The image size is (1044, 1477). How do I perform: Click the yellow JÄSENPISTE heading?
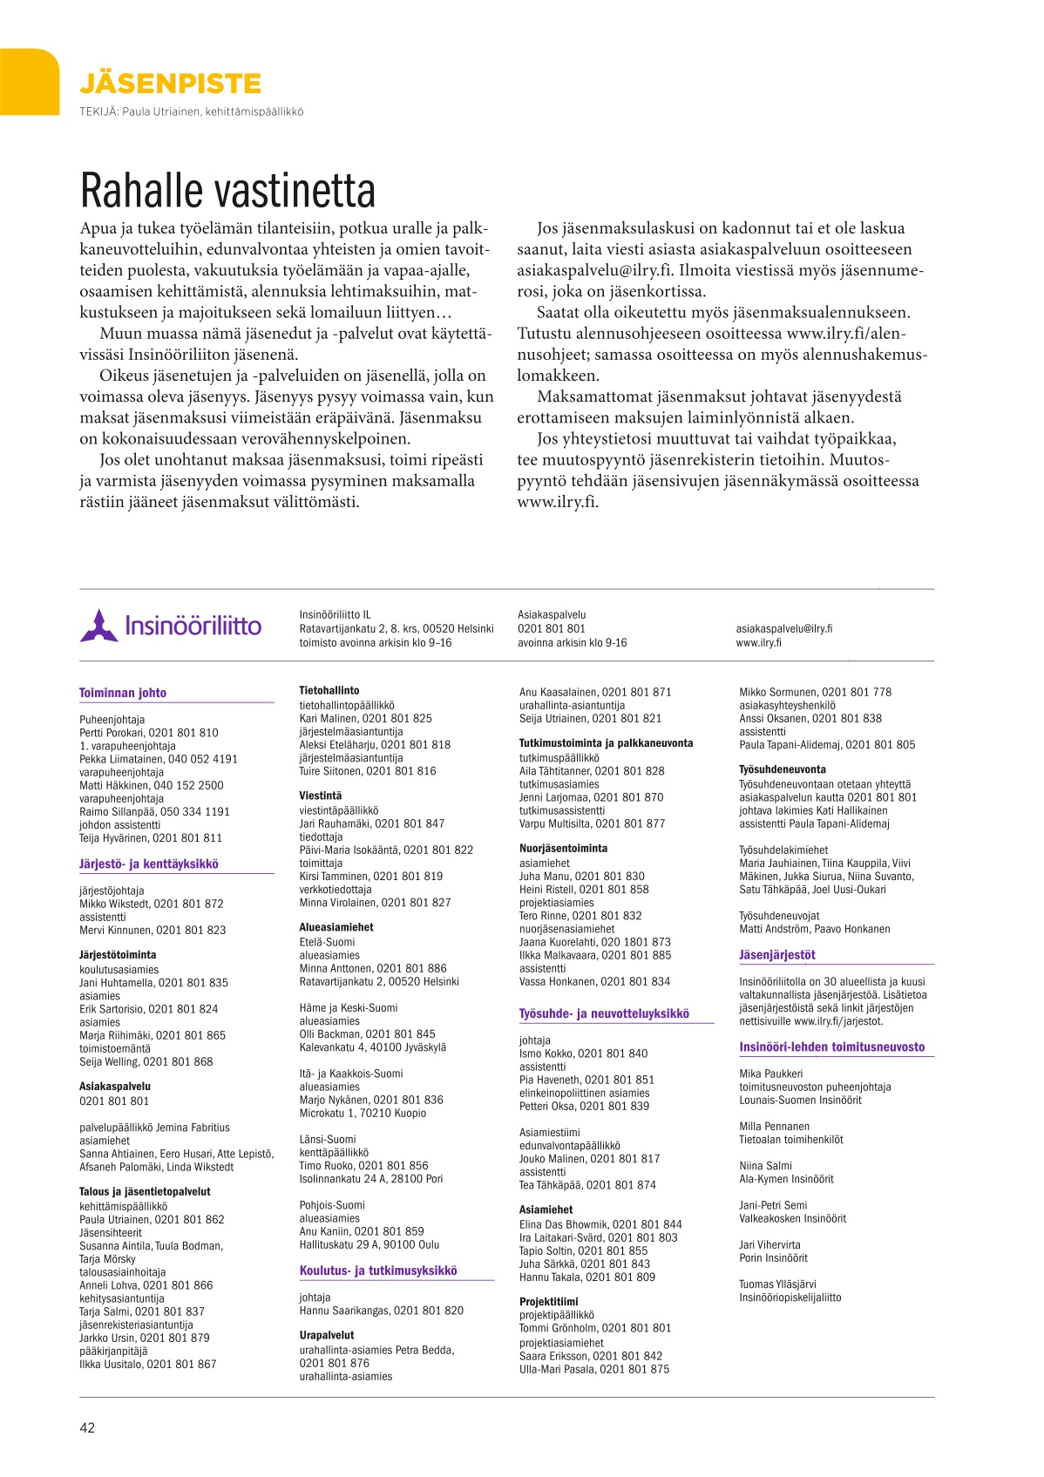(170, 84)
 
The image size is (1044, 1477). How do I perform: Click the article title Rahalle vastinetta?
(227, 191)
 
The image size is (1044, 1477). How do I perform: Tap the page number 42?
(87, 1427)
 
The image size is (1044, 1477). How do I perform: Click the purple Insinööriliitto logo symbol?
(98, 626)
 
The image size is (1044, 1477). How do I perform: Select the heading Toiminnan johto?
(123, 693)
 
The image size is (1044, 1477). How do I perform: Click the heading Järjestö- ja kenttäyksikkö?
(149, 864)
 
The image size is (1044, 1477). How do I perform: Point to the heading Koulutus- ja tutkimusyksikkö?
(378, 1270)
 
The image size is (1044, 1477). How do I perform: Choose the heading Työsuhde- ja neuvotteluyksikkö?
(604, 1013)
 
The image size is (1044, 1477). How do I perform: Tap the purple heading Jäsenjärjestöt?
(777, 955)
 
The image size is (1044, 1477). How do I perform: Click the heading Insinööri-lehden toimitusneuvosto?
(832, 1047)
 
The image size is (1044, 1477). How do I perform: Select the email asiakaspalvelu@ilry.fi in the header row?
(783, 628)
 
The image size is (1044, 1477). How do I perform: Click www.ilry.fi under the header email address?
(758, 643)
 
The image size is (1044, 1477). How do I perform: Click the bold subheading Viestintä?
(321, 796)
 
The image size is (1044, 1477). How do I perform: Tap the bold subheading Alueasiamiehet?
(336, 927)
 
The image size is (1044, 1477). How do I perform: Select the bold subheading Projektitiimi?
(548, 1302)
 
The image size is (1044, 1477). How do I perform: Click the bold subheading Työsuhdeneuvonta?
(783, 769)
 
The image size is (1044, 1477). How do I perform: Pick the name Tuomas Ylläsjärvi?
(777, 1284)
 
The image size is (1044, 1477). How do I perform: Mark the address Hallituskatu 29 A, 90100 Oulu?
(369, 1244)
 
